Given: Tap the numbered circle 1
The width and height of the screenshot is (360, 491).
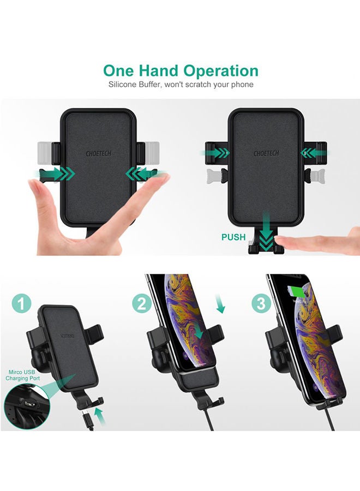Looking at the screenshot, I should point(21,304).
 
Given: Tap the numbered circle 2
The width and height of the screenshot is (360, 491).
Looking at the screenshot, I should point(141,304).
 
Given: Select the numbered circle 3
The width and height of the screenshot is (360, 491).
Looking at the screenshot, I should point(261,304).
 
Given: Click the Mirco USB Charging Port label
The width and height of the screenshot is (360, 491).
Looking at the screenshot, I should point(20,374).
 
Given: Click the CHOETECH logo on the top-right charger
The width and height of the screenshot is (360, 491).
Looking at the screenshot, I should point(267,153).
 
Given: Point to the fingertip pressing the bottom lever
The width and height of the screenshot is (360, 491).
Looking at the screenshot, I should point(289,243).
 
